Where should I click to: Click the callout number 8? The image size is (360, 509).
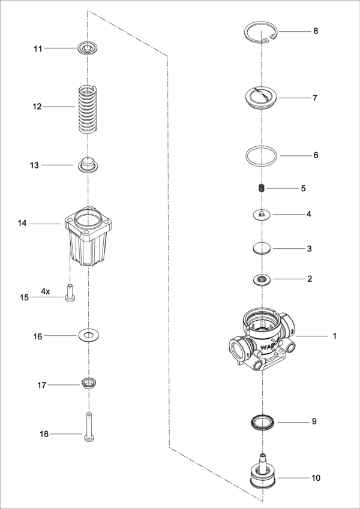tap(316, 31)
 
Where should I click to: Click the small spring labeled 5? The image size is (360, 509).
tap(262, 189)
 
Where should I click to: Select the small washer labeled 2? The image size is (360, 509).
tap(262, 279)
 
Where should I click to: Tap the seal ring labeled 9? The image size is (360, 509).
tap(262, 421)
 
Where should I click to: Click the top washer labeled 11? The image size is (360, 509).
tap(87, 47)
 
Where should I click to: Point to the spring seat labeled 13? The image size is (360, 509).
tap(88, 164)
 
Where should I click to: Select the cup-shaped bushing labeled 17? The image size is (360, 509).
tap(88, 382)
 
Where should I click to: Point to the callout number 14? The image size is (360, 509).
tap(22, 224)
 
